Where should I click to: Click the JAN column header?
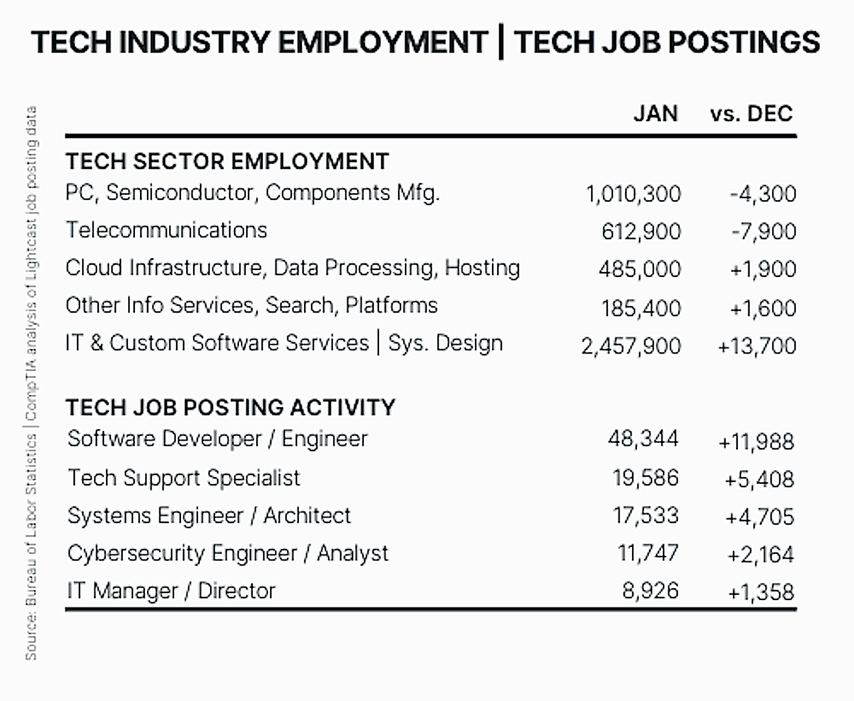click(655, 113)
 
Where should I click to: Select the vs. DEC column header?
click(751, 113)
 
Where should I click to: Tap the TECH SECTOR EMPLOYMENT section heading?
click(227, 161)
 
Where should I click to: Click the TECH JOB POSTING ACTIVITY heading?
click(230, 407)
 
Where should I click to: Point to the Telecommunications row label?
click(166, 230)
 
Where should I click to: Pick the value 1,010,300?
click(633, 194)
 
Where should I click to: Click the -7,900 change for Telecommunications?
click(764, 231)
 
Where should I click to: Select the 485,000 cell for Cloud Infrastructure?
click(640, 269)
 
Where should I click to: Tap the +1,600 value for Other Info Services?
click(763, 308)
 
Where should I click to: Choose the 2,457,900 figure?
click(630, 346)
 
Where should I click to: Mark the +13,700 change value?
click(757, 346)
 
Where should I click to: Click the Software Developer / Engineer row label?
click(217, 439)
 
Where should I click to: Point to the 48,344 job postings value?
click(643, 439)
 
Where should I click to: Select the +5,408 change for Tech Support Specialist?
click(759, 480)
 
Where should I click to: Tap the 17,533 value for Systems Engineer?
click(646, 516)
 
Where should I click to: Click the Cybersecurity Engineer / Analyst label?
click(228, 553)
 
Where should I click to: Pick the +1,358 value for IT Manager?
click(761, 592)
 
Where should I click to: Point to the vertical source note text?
click(31, 383)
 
